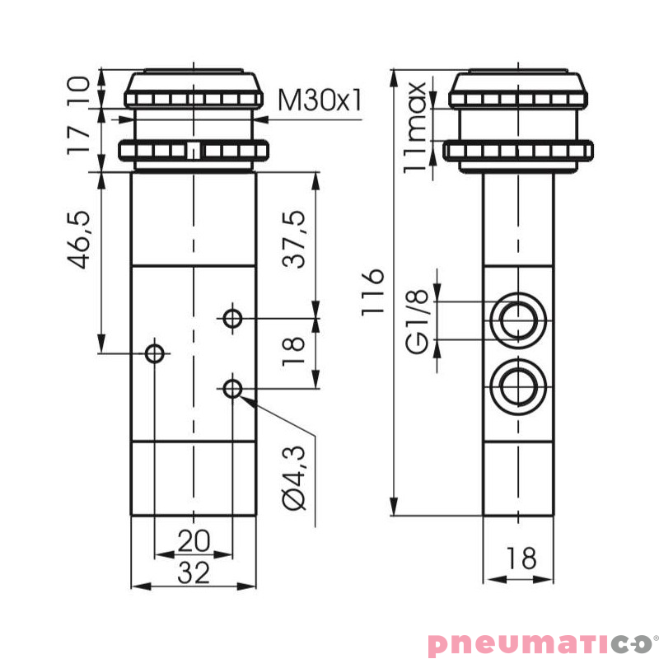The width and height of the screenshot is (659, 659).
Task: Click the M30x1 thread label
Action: [x=320, y=100]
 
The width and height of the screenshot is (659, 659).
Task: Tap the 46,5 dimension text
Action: [x=80, y=240]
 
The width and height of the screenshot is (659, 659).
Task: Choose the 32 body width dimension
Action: [x=194, y=573]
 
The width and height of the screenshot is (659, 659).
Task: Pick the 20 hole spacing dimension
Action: [x=194, y=541]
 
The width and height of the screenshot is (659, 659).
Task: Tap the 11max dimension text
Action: [x=418, y=126]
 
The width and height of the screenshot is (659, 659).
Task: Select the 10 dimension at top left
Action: [x=78, y=90]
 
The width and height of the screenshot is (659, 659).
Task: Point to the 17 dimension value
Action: [x=78, y=139]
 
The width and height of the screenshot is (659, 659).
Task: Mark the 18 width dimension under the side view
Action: [x=519, y=558]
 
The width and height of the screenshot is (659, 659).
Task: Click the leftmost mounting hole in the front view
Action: [x=154, y=354]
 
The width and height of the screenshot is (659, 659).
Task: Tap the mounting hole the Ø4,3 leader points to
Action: [x=233, y=388]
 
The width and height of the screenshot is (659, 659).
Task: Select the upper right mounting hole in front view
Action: [x=233, y=317]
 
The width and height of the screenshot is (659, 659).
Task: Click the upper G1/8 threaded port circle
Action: [x=517, y=320]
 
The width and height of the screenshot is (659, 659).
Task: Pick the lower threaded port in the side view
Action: [x=517, y=383]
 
